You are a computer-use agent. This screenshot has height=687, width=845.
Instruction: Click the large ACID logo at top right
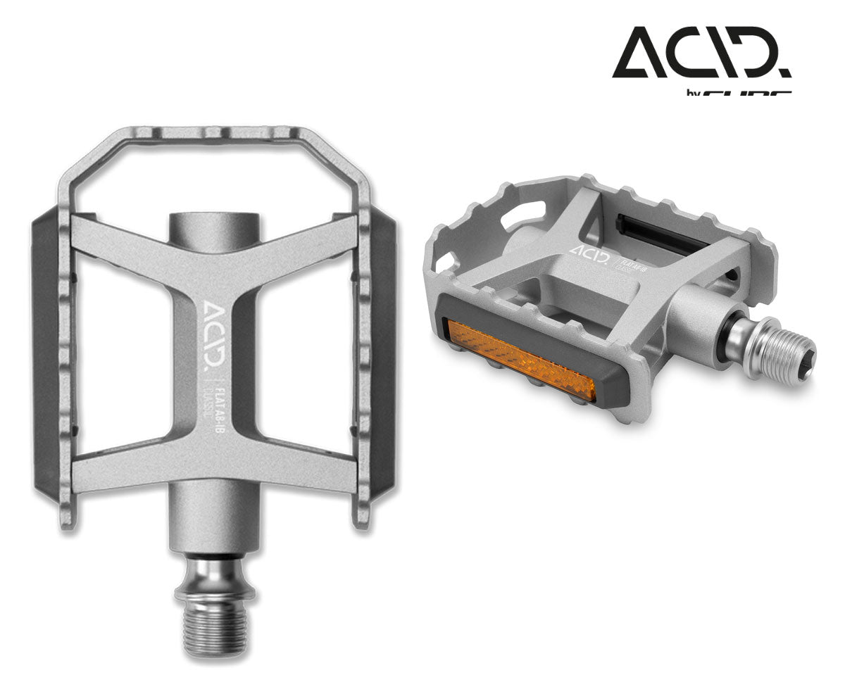(x=701, y=53)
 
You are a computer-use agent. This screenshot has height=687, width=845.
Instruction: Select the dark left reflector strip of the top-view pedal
(x=46, y=352)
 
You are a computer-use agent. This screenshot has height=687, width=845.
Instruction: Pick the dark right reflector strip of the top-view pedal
(x=384, y=352)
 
